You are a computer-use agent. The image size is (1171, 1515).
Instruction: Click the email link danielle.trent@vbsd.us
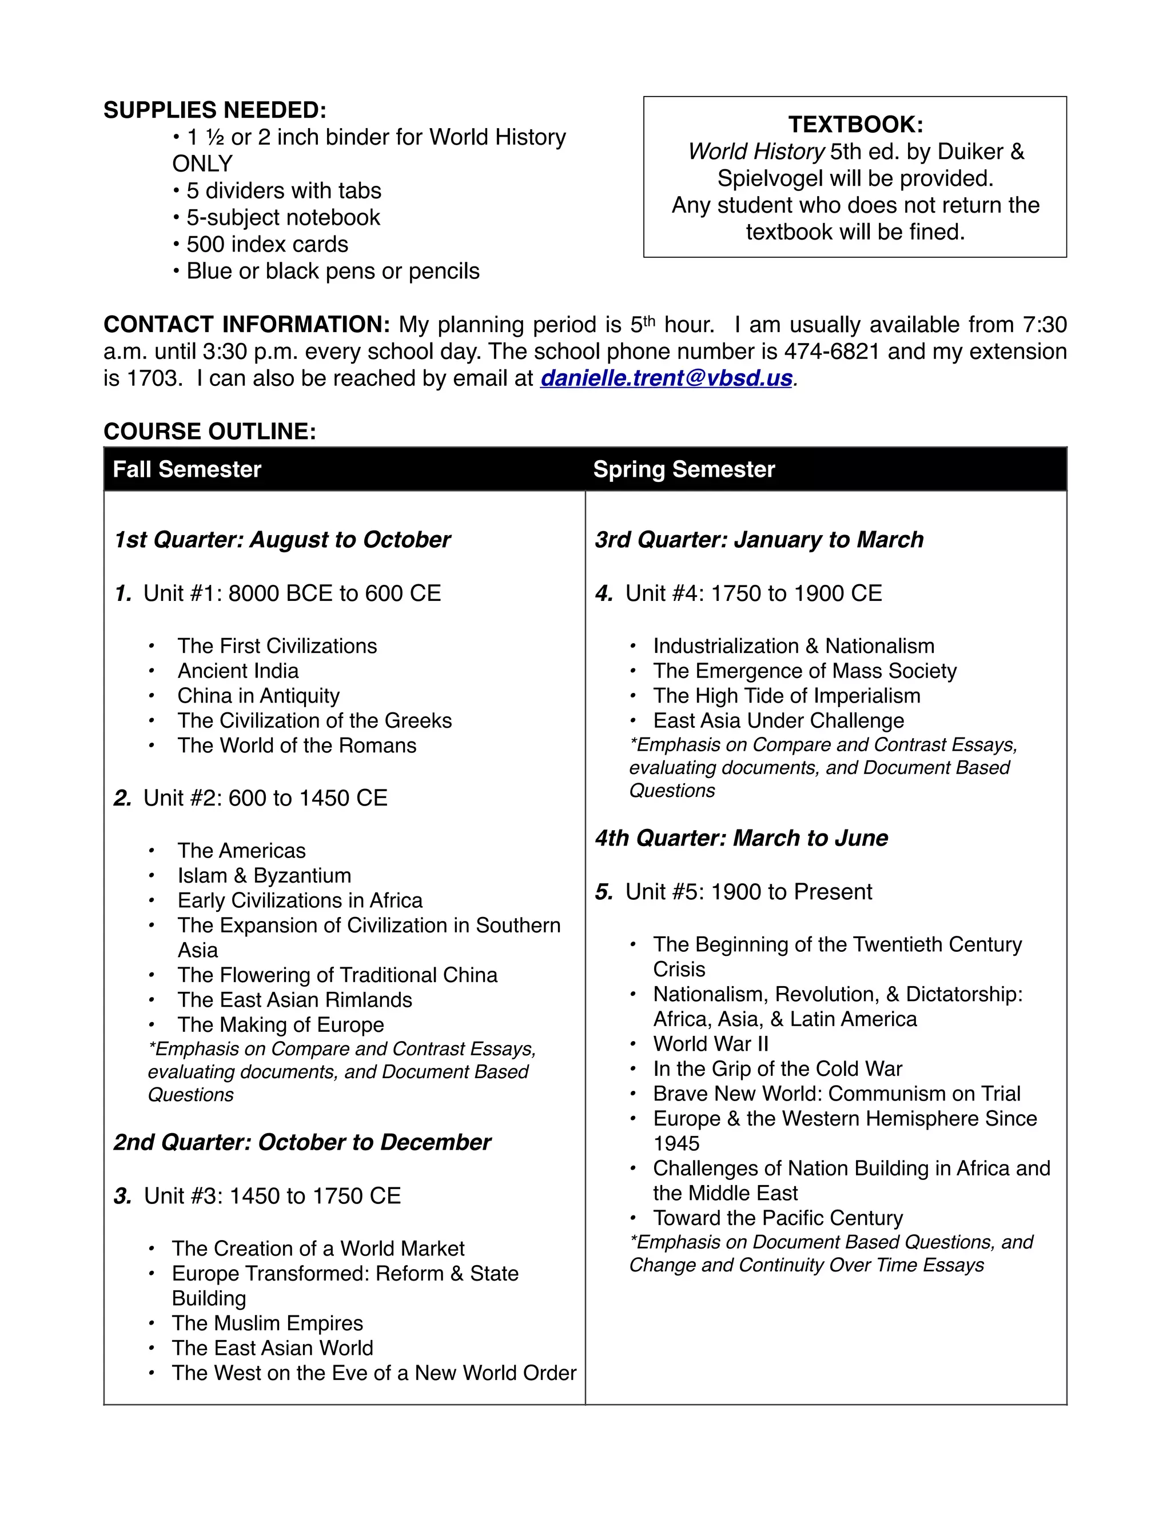tap(666, 378)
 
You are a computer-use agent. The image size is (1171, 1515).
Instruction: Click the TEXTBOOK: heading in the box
tap(855, 125)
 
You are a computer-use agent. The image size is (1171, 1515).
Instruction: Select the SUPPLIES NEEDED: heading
tap(214, 110)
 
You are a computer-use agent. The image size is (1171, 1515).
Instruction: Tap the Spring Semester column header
tap(683, 469)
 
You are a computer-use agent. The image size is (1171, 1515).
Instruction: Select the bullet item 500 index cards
tap(266, 244)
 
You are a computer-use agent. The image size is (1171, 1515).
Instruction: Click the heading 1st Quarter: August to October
tap(282, 540)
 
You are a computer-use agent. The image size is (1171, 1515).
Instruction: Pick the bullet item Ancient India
tap(238, 671)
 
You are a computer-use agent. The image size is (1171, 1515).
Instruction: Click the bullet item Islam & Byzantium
tap(264, 875)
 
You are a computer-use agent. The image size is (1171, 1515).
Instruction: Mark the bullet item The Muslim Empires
tap(267, 1323)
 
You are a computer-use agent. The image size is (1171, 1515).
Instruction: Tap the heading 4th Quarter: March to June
tap(741, 838)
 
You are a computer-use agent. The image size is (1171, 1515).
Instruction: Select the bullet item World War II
tap(710, 1044)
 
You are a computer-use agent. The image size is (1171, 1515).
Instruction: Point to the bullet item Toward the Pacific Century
tap(778, 1218)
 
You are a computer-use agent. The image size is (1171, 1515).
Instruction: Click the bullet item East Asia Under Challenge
tap(778, 721)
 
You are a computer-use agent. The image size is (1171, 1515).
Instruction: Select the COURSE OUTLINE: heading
tap(209, 432)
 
